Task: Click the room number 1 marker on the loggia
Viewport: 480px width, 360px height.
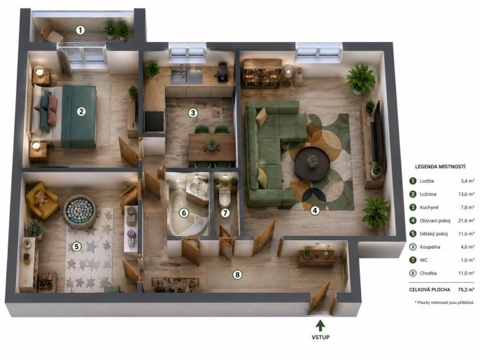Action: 80,30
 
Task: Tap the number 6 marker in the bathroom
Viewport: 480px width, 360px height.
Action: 183,213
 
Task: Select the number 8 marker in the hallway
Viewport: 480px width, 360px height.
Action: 237,275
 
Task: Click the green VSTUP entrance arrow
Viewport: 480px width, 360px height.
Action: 320,326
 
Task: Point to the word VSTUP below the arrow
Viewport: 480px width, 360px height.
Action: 320,337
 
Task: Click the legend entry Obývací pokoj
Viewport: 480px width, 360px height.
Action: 435,221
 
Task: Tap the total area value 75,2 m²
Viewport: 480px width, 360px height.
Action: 466,289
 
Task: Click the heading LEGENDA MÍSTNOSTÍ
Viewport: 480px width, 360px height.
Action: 440,167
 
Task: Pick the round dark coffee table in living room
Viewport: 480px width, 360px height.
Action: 312,164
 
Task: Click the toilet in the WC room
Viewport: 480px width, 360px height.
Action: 225,196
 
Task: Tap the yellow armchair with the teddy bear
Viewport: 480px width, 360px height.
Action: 42,200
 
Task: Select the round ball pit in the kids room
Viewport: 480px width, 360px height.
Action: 80,212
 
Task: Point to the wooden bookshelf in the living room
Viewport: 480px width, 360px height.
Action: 262,74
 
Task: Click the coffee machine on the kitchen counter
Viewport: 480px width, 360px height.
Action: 223,71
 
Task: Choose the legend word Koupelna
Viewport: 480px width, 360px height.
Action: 430,247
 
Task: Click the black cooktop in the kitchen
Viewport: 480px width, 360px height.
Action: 154,122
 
